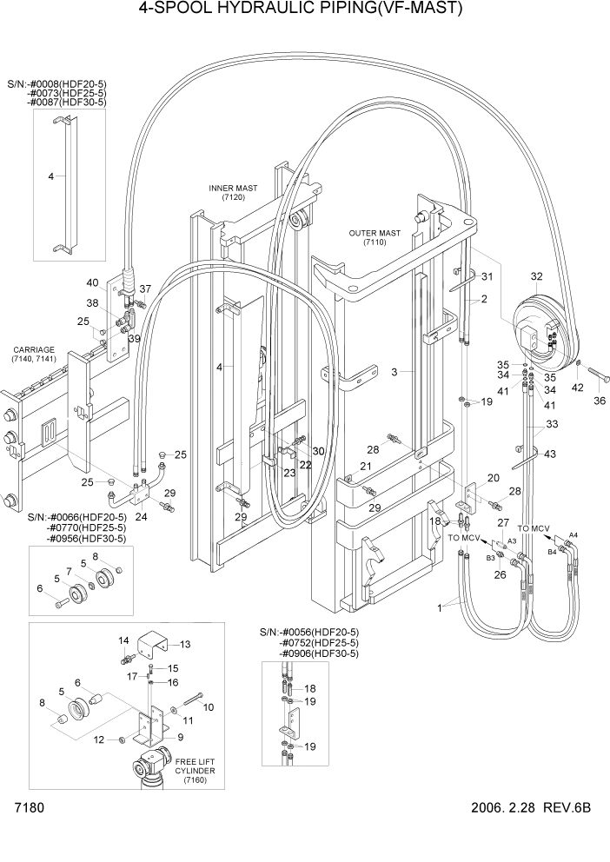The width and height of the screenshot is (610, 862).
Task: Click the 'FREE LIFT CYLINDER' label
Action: click(195, 771)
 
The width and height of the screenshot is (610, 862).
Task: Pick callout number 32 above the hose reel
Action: click(535, 277)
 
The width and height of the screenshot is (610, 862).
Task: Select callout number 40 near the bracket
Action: click(92, 282)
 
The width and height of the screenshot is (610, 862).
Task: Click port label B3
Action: click(490, 557)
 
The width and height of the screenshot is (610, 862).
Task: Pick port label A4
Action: click(573, 534)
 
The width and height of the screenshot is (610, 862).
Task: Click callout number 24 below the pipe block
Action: click(141, 516)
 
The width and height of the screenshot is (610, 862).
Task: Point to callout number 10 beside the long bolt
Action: click(208, 707)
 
